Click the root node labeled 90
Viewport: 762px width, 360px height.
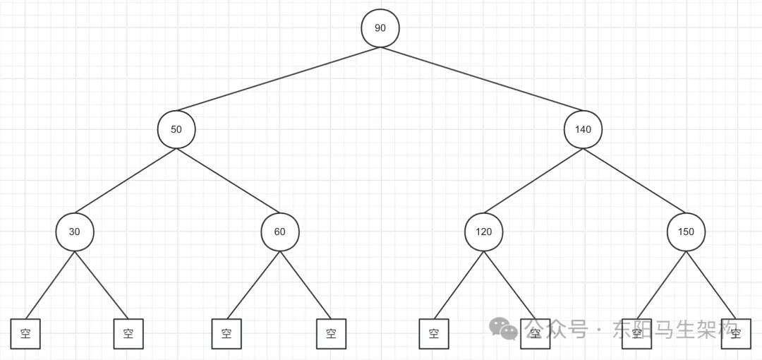[x=380, y=28]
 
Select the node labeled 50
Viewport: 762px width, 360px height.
[x=176, y=129]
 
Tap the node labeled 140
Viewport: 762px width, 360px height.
[x=583, y=129]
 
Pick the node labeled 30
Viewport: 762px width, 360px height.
[x=74, y=232]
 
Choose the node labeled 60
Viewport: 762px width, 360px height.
[x=280, y=232]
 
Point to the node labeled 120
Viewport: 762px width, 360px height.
[x=483, y=232]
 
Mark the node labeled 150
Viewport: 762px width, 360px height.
[x=686, y=232]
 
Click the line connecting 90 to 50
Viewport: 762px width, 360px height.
[x=279, y=79]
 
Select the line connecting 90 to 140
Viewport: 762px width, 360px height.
[x=481, y=79]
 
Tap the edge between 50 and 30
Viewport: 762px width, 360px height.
[x=126, y=181]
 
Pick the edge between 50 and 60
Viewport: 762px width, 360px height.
[x=228, y=181]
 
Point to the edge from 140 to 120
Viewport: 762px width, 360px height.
[x=533, y=181]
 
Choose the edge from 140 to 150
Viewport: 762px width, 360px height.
[x=634, y=181]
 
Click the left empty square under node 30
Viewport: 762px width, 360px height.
[x=25, y=334]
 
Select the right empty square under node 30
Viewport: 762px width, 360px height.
[x=128, y=334]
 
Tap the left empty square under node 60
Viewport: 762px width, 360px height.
[x=226, y=334]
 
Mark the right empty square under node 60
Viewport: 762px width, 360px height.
[x=331, y=334]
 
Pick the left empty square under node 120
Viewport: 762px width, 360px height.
[x=434, y=334]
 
